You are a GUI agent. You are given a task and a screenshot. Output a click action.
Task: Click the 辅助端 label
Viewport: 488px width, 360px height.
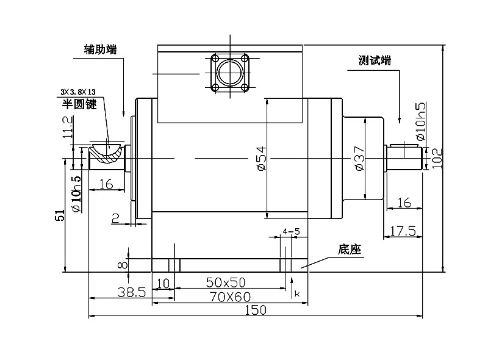click(x=100, y=49)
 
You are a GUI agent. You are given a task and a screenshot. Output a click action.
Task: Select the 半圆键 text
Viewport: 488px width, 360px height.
click(x=79, y=104)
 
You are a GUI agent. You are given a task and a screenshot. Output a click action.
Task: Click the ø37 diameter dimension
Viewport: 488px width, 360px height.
click(x=359, y=158)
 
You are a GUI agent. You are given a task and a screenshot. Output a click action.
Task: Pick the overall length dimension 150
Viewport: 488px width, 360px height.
click(x=256, y=310)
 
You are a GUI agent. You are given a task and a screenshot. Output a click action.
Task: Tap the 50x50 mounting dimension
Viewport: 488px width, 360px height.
click(x=225, y=282)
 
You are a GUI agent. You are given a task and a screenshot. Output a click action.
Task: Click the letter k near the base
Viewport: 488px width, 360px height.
click(x=297, y=294)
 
